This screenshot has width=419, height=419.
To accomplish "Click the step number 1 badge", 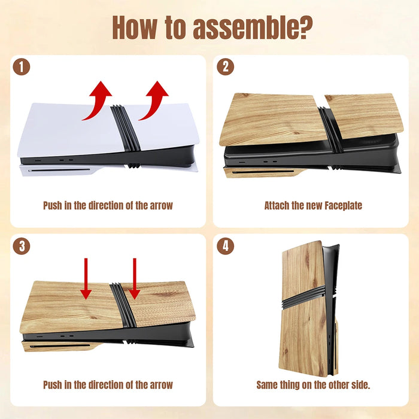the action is pos(22,67).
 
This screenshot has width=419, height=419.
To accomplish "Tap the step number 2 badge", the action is pos(225,67).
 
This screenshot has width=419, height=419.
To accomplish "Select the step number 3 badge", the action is pos(22,246).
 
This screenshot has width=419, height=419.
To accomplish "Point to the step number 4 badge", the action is pos(225,246).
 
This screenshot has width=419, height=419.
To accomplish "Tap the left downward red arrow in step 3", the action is pos(86,278).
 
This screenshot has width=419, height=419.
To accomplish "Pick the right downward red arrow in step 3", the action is pos(135,278).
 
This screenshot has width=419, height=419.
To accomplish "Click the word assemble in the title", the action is pos(253,28).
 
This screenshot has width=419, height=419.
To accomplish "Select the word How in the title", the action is pos(135,28).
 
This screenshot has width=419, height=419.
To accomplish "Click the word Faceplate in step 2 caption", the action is pos(344,206).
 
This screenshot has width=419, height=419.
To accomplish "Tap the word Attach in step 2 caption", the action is pos(277,206).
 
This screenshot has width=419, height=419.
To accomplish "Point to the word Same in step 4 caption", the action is pos(267,385).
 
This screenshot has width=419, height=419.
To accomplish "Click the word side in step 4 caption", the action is pos(362,385).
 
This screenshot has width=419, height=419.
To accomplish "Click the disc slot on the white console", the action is pos(59,170).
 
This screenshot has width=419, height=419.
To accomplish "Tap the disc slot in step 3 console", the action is pos(60,346).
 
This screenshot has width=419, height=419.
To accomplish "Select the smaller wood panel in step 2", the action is pos(364,116).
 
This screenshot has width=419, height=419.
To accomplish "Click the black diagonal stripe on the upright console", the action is pos(304,297).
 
